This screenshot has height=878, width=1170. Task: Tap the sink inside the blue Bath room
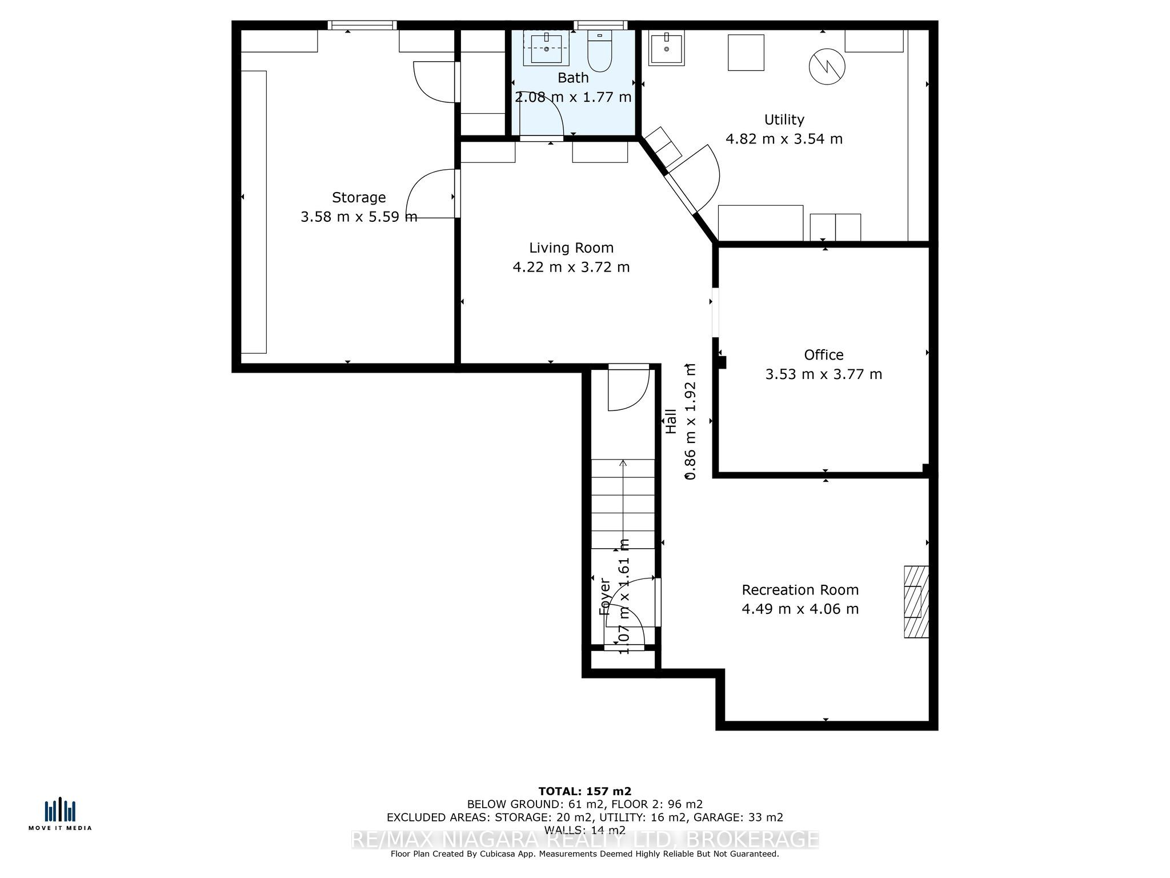click(x=546, y=48)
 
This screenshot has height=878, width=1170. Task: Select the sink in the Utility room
click(x=667, y=48)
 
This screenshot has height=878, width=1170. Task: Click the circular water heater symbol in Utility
click(x=827, y=67)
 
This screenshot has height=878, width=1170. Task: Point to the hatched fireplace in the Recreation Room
click(x=916, y=601)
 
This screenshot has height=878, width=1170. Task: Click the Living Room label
click(x=571, y=248)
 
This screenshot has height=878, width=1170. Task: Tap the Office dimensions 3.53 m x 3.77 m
click(x=823, y=374)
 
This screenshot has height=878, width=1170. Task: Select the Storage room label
click(x=359, y=198)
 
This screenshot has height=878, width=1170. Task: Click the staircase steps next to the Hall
click(x=623, y=503)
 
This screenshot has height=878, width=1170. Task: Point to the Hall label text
click(x=671, y=421)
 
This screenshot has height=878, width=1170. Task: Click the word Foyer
click(x=604, y=596)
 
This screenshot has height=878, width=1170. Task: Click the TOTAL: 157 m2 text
click(x=584, y=791)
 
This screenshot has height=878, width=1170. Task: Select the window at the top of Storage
click(x=362, y=25)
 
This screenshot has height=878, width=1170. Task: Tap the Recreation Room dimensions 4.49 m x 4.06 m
click(x=800, y=609)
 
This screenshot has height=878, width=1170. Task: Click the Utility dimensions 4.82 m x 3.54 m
click(x=784, y=139)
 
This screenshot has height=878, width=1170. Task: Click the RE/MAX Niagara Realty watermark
click(x=584, y=839)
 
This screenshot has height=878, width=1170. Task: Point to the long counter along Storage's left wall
click(x=254, y=211)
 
